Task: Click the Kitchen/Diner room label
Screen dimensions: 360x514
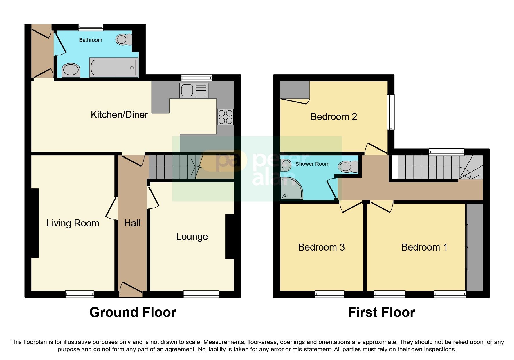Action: [x=119, y=115]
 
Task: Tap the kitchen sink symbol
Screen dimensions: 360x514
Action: [x=194, y=90]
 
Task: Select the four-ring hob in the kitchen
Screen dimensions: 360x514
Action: [x=225, y=117]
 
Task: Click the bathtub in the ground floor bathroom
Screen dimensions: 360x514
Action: [x=114, y=67]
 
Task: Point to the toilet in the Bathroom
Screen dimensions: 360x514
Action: [x=123, y=39]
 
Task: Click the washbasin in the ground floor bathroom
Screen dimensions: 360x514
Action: [x=71, y=70]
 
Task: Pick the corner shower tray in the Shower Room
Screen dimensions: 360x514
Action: [x=291, y=189]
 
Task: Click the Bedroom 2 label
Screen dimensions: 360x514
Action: [x=333, y=117]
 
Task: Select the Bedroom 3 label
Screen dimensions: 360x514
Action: [x=321, y=247]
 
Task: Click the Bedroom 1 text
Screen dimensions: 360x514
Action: [x=424, y=247]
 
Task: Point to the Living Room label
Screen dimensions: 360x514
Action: [x=73, y=223]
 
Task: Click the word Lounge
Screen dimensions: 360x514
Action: [x=192, y=237]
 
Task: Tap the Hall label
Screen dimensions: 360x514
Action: [x=132, y=223]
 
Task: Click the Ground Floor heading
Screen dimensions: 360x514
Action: [x=133, y=313]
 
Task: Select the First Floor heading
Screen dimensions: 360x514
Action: [x=381, y=313]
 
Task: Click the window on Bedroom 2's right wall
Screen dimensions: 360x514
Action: [x=391, y=112]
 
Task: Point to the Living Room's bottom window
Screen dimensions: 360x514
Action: [x=80, y=294]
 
